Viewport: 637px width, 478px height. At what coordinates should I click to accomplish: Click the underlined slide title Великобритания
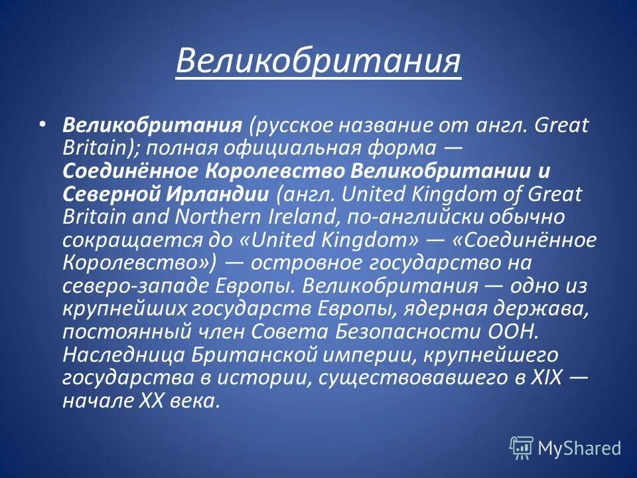tap(318, 61)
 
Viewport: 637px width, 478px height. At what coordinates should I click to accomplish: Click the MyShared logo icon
tap(521, 448)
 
